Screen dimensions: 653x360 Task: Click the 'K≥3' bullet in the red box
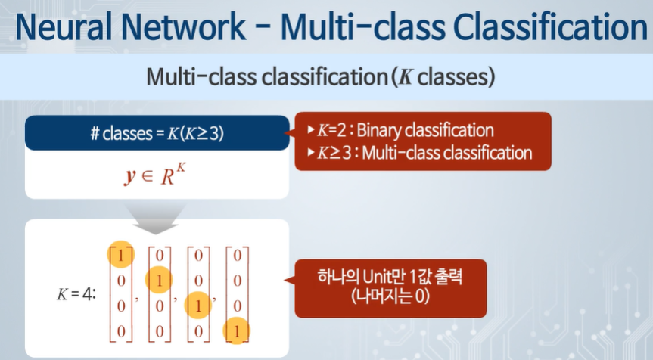point(331,153)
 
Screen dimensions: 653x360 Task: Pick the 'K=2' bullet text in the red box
point(331,130)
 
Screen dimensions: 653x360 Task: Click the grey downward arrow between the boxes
point(157,214)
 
